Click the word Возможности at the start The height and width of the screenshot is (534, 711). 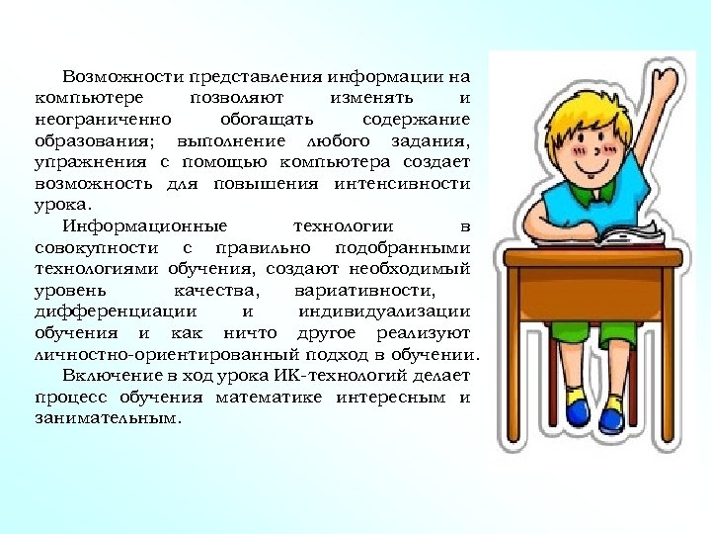coord(108,76)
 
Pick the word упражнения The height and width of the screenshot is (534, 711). coord(87,162)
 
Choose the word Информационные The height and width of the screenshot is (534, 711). coord(144,226)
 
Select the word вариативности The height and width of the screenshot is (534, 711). coord(363,291)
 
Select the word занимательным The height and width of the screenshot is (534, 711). coord(109,418)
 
